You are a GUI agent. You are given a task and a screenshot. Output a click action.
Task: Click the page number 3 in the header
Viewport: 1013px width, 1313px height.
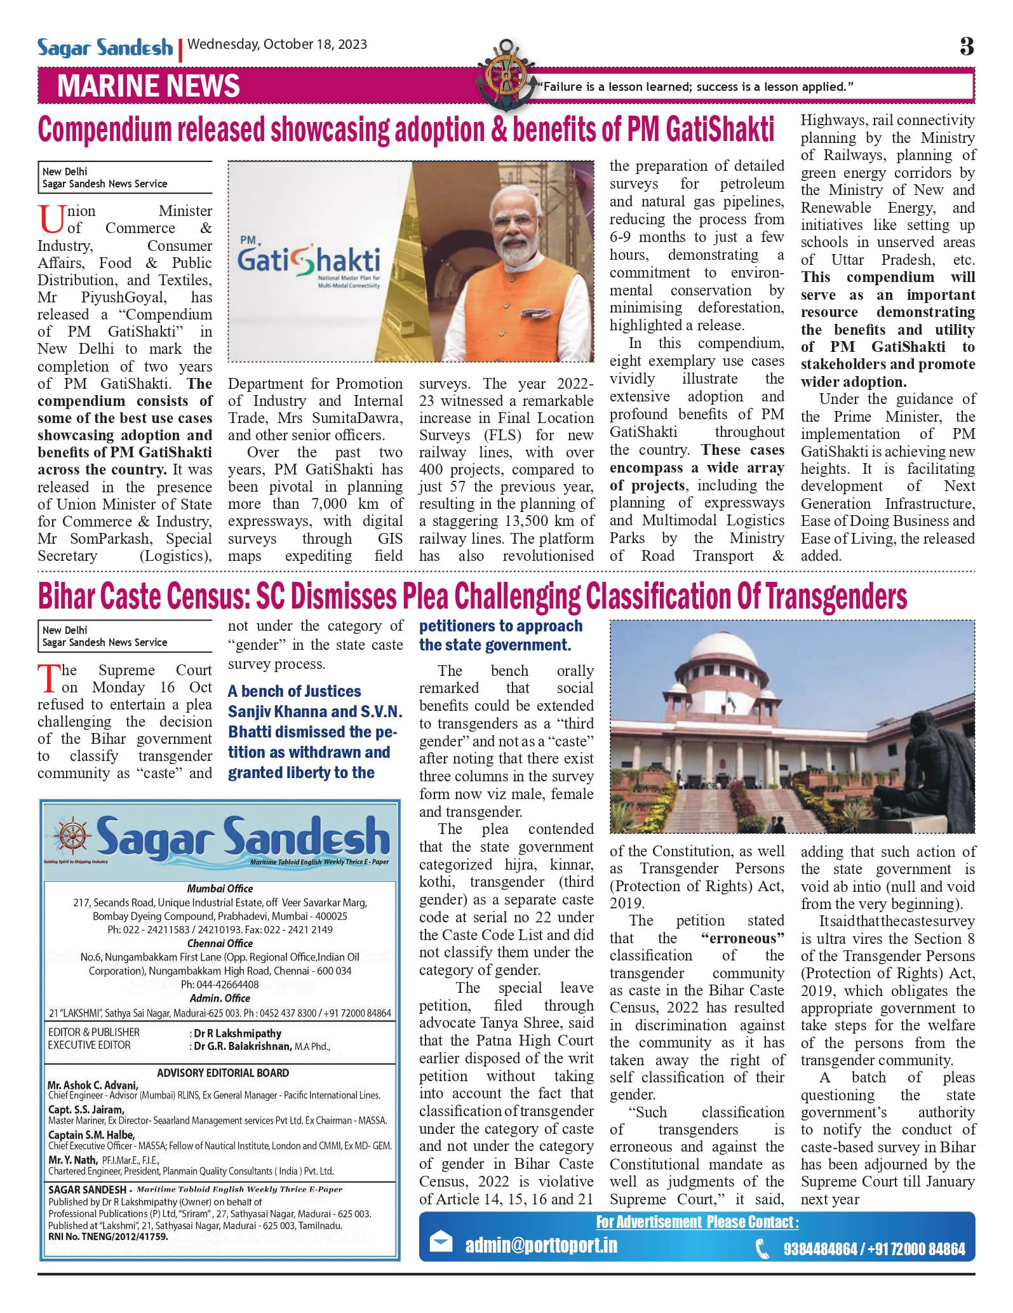[x=966, y=46]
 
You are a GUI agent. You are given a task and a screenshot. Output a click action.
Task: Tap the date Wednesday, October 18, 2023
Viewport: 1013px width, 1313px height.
[x=278, y=44]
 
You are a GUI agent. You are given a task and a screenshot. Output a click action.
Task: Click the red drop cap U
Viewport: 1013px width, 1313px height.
[x=51, y=219]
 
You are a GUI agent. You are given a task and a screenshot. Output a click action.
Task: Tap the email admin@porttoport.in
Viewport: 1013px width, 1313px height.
[x=541, y=1245]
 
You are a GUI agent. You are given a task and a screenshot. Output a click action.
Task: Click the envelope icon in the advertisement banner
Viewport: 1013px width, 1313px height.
[x=441, y=1242]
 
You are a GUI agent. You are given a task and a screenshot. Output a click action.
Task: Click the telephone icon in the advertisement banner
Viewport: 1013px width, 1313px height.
[x=762, y=1249]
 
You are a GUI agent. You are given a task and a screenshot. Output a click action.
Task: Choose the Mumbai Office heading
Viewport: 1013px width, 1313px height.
[x=220, y=889]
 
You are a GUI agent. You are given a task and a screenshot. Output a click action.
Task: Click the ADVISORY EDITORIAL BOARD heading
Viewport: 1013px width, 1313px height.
[x=223, y=1073]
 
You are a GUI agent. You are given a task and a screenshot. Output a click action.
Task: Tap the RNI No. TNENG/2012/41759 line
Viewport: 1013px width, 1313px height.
[x=109, y=1237]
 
